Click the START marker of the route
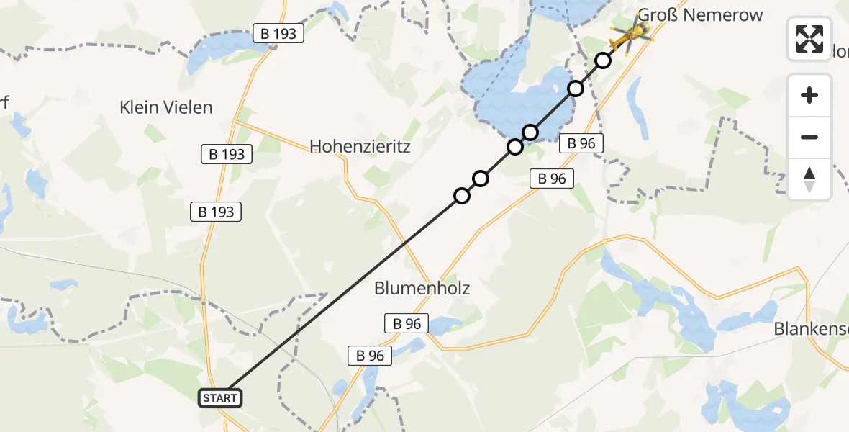(x=219, y=398)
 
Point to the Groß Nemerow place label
(x=700, y=15)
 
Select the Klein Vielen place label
(x=166, y=108)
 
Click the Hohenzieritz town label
(x=360, y=147)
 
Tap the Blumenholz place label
(x=422, y=289)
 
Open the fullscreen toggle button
(x=809, y=39)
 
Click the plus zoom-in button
(x=809, y=95)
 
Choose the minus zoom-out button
(x=809, y=137)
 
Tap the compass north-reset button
(x=809, y=179)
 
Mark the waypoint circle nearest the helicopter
(x=603, y=60)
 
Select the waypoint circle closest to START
(x=461, y=196)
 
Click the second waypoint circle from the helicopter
(x=576, y=89)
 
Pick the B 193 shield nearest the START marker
(x=216, y=212)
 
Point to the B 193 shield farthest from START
(x=279, y=32)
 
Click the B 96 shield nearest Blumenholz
(x=407, y=324)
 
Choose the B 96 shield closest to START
(x=371, y=355)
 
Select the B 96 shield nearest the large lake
(x=581, y=143)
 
